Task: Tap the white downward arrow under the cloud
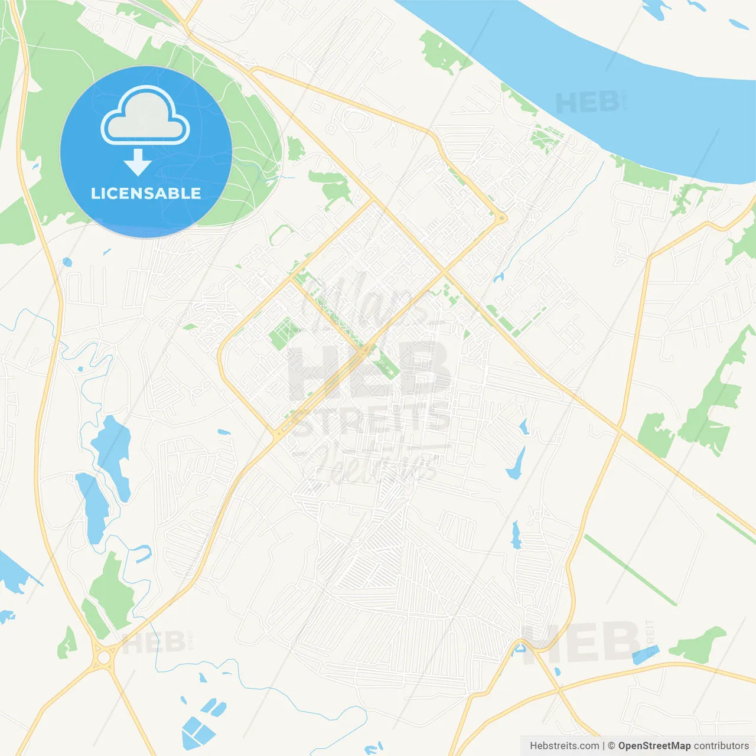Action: coord(138,162)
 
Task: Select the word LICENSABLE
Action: coord(146,193)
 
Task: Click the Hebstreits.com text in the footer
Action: coord(564,746)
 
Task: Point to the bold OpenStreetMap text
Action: coord(654,746)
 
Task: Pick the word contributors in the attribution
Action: coord(721,746)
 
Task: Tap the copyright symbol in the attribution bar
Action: coord(612,746)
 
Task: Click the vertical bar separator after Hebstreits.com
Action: coord(604,746)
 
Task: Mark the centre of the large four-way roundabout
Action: coord(105,656)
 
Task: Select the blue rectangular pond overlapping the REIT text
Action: coord(645,654)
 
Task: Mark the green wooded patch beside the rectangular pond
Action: coord(699,646)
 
